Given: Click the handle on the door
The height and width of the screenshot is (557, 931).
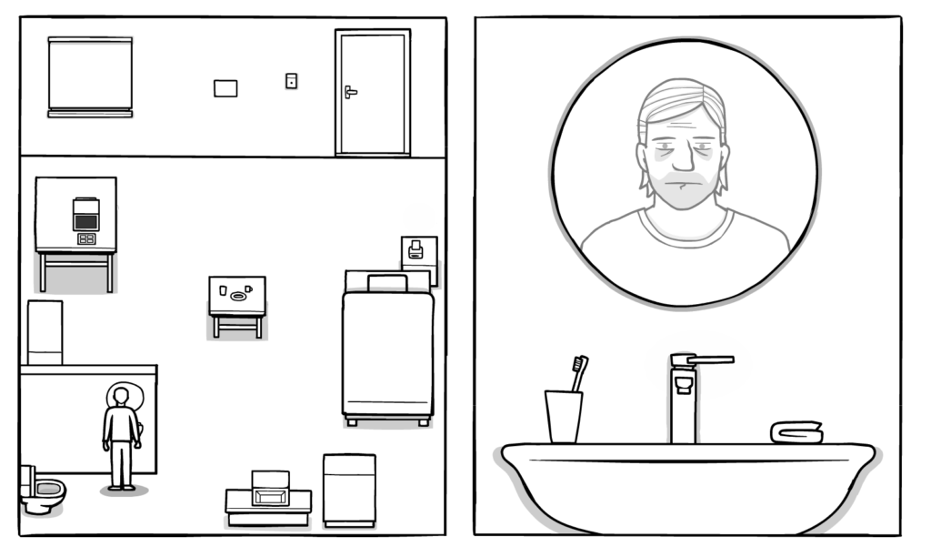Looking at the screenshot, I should [x=350, y=91].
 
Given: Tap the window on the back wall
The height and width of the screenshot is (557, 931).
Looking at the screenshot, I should [x=90, y=75].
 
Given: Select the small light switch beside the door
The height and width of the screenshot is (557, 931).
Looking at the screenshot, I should [x=291, y=81].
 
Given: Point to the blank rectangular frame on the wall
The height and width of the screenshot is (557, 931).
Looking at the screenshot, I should [x=225, y=88].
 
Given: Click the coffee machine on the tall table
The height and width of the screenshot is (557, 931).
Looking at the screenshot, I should [x=85, y=215].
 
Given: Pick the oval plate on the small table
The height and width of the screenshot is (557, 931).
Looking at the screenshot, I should [x=239, y=295].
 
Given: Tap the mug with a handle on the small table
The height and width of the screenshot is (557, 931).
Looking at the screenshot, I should [x=248, y=289].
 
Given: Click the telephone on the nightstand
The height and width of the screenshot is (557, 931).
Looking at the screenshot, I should [x=415, y=249].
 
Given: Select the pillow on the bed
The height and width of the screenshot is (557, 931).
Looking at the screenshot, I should [x=386, y=282].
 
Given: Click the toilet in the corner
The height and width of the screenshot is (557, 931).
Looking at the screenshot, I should [x=41, y=491].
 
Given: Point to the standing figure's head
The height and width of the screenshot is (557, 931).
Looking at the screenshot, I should [x=119, y=396].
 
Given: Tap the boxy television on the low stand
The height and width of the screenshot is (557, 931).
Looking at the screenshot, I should [x=270, y=489].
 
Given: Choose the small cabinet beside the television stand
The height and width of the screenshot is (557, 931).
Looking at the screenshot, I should [x=349, y=489].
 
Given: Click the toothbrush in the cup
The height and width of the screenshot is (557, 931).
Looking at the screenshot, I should [x=577, y=372].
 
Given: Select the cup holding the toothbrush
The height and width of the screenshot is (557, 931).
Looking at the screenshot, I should [x=563, y=416].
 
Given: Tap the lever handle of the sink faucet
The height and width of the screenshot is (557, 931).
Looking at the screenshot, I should [x=709, y=360].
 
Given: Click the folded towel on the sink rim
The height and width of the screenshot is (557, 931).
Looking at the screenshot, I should [x=796, y=432].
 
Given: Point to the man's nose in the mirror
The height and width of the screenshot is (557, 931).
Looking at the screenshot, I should [x=677, y=162].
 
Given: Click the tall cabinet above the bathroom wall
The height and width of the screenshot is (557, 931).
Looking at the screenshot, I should [x=45, y=333].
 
